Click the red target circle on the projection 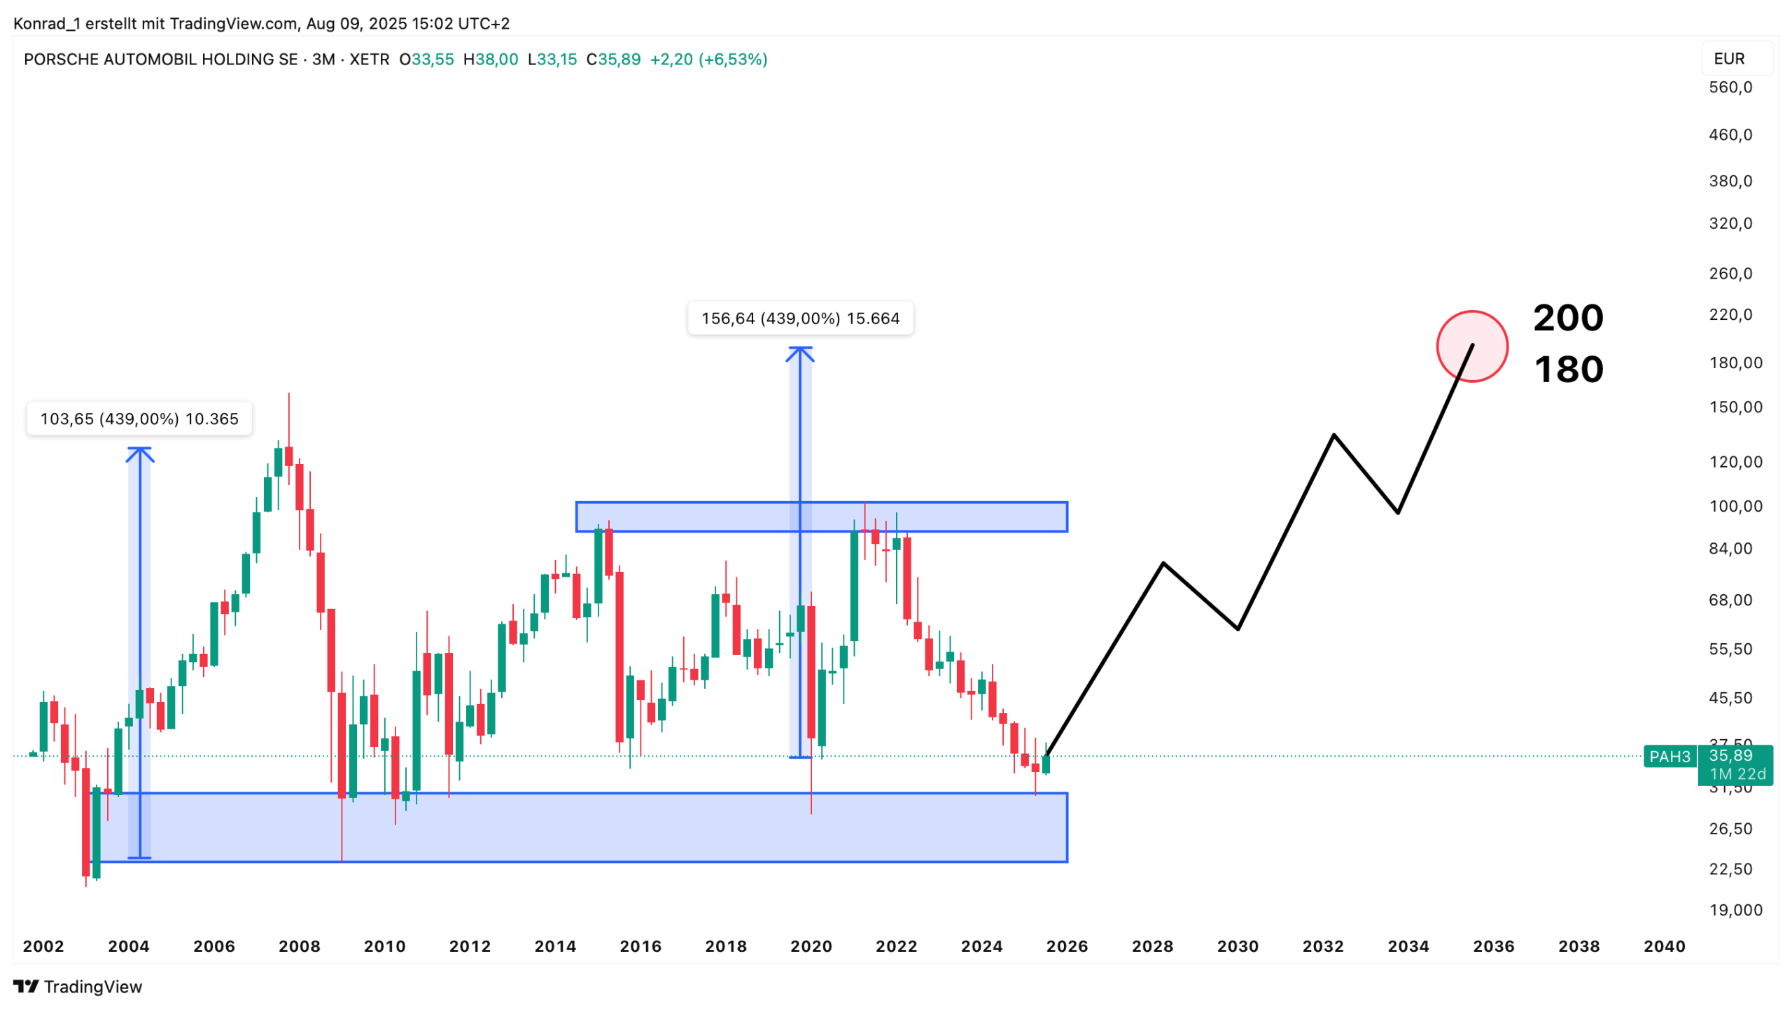click(1471, 346)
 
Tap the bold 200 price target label click(1568, 318)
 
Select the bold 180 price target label click(1568, 370)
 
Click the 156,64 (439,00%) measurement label click(800, 318)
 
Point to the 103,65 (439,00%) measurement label click(139, 419)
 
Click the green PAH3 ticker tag click(1669, 757)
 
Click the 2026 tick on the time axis click(1067, 946)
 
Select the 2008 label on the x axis click(300, 946)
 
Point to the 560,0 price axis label click(1730, 87)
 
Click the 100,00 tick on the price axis click(1735, 506)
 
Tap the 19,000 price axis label click(1735, 910)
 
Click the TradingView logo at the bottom click(78, 986)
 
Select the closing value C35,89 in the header click(613, 59)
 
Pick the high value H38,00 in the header click(491, 59)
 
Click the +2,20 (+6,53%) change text click(708, 59)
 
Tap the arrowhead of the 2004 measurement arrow click(140, 453)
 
